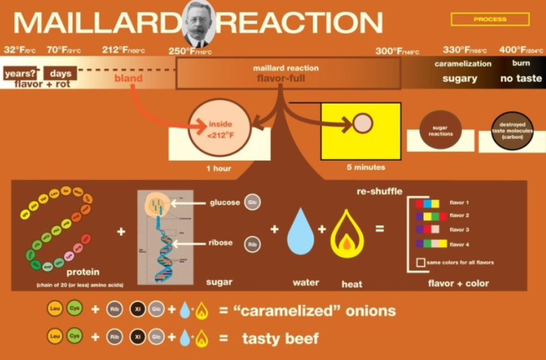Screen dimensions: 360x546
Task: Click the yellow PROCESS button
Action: tap(490, 20)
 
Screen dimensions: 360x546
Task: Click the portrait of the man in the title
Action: tap(198, 24)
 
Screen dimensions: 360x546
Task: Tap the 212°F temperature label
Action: tap(123, 51)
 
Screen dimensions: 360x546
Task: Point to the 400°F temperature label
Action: tap(521, 51)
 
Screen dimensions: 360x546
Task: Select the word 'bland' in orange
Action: tap(128, 79)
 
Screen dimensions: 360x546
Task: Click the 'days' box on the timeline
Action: tap(60, 73)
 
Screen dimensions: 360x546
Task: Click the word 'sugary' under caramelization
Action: tap(459, 79)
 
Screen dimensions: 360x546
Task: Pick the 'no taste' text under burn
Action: tap(521, 79)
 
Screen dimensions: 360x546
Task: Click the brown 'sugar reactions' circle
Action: tap(440, 129)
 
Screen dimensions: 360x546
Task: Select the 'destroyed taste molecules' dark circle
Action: tap(512, 131)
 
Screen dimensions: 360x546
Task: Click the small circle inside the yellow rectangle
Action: tap(363, 123)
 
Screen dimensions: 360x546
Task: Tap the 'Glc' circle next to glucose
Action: tap(252, 203)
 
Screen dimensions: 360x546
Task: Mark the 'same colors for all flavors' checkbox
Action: tap(420, 262)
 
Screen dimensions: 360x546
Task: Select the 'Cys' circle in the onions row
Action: tap(75, 310)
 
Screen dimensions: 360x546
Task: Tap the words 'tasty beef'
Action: tap(280, 339)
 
